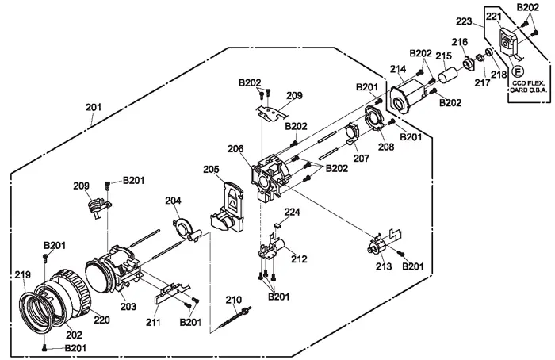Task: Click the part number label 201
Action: pos(94,107)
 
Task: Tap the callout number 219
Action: pos(22,274)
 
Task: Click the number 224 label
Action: pos(293,213)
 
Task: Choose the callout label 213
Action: pos(384,267)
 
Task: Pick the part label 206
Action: pos(235,148)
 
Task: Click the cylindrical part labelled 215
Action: pos(449,77)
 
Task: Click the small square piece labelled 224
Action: pos(277,225)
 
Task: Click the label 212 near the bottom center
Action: pos(299,259)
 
